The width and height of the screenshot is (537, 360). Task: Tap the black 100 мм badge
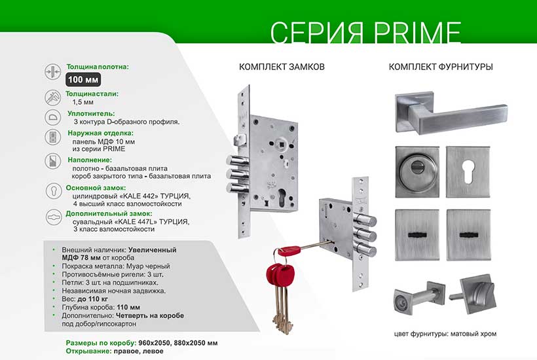tap(87, 81)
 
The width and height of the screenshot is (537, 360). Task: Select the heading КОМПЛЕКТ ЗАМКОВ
tap(282, 67)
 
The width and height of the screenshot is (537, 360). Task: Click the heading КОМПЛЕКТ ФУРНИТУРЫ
tap(441, 67)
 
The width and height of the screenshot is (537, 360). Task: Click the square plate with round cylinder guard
tap(420, 169)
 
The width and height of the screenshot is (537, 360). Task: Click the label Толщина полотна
tap(98, 67)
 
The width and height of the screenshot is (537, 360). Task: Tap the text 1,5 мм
tap(83, 103)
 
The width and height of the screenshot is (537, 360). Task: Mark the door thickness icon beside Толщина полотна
tap(52, 72)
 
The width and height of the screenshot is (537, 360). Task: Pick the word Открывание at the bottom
tap(90, 351)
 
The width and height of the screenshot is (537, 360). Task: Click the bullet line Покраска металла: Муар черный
tap(115, 266)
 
